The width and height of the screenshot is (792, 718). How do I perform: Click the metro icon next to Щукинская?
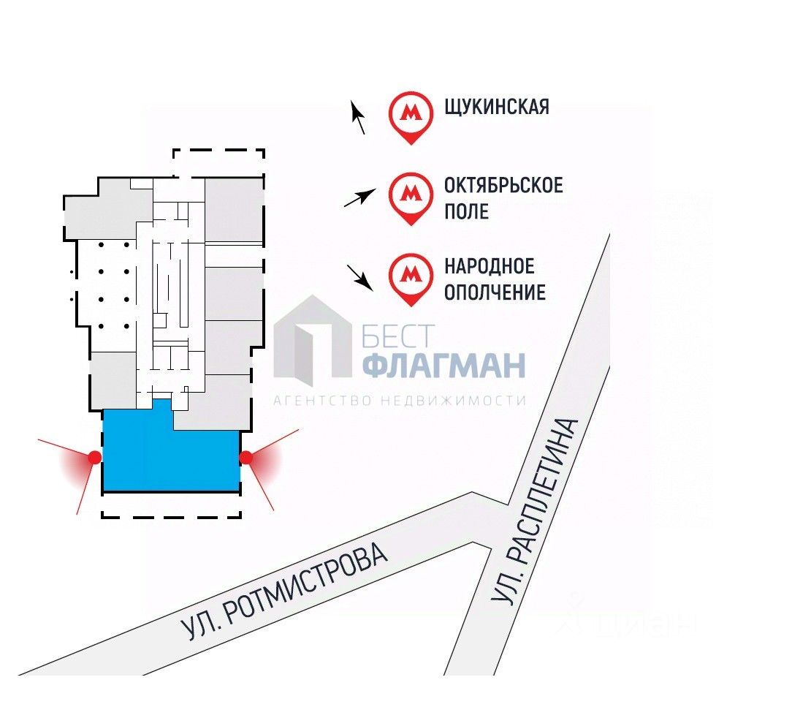(411, 114)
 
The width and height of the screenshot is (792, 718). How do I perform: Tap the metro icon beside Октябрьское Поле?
(411, 195)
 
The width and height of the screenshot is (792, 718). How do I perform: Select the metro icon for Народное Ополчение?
(411, 276)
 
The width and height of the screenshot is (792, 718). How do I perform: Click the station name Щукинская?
(497, 107)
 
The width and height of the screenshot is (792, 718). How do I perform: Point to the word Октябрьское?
(503, 185)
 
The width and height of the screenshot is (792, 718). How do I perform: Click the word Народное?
(490, 266)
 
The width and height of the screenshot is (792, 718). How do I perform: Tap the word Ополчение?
(495, 292)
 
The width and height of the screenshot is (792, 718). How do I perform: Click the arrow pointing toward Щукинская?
(358, 117)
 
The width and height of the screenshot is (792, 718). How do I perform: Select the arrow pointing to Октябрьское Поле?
(359, 197)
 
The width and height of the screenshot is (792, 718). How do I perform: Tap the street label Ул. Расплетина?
(536, 511)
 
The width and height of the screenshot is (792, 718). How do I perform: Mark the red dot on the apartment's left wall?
(94, 458)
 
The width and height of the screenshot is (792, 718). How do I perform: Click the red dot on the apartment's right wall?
(246, 458)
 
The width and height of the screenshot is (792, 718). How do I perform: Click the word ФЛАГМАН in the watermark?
(443, 365)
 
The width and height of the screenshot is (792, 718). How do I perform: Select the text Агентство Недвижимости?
(400, 401)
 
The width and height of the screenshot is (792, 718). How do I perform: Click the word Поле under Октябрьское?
(467, 212)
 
